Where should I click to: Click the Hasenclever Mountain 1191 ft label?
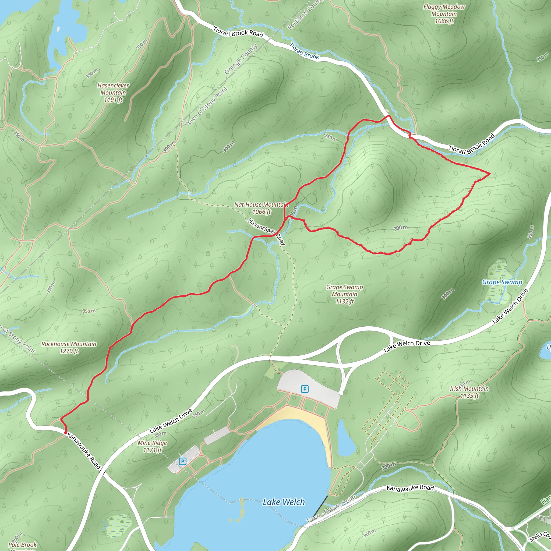click(113, 92)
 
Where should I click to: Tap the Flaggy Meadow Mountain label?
click(444, 14)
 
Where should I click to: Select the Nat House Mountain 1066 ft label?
click(261, 208)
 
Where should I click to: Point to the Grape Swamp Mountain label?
click(345, 294)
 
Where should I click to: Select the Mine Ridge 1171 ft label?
click(152, 446)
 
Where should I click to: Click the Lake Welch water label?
click(284, 502)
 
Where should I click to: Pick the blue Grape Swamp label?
click(502, 282)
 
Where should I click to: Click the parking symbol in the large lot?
click(305, 389)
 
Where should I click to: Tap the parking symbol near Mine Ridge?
click(182, 461)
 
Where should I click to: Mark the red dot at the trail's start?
click(66, 433)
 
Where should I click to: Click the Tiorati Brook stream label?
click(304, 51)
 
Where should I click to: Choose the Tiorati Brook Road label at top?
click(238, 32)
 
